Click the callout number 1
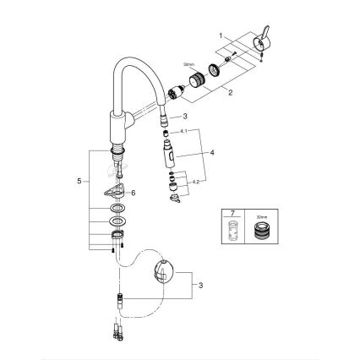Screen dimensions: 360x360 [x=221, y=36]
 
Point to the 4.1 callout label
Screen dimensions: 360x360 [x=184, y=133]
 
